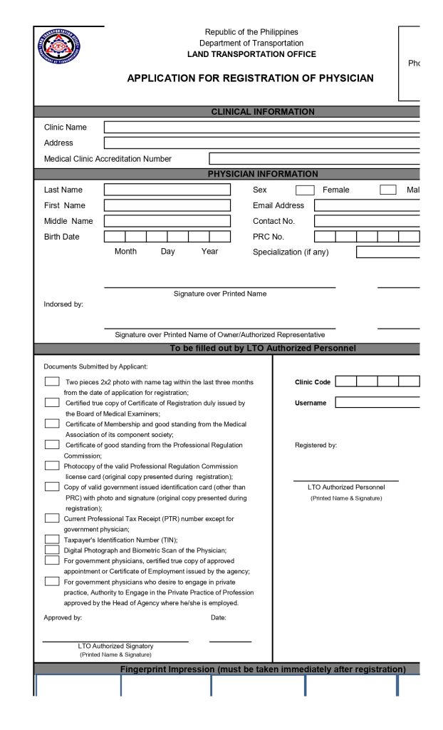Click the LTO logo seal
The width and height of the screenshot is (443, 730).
pyautogui.click(x=59, y=48)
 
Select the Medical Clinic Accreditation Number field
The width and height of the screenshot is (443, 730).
pyautogui.click(x=314, y=159)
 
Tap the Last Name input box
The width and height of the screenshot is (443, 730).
pyautogui.click(x=167, y=190)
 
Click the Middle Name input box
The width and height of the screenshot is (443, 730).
pyautogui.click(x=167, y=221)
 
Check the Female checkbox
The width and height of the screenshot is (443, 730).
pyautogui.click(x=305, y=190)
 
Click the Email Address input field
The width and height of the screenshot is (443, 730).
pyautogui.click(x=367, y=205)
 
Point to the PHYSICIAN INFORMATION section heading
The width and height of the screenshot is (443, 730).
pyautogui.click(x=263, y=174)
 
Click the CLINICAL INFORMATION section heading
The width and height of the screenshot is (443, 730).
pyautogui.click(x=263, y=112)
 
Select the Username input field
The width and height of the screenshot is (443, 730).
pyautogui.click(x=377, y=403)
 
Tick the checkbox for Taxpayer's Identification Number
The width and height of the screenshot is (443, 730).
pyautogui.click(x=52, y=540)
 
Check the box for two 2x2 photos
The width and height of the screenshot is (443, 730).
pyautogui.click(x=52, y=381)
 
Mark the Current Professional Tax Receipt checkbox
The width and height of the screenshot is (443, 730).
pyautogui.click(x=52, y=518)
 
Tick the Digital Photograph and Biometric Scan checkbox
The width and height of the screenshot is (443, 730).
pyautogui.click(x=52, y=550)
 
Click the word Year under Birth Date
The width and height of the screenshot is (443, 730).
pyautogui.click(x=209, y=252)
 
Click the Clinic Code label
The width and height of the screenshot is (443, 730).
pyautogui.click(x=313, y=382)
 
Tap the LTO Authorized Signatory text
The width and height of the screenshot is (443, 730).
pyautogui.click(x=115, y=646)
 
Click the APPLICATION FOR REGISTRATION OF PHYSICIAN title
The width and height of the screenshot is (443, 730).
pyautogui.click(x=250, y=78)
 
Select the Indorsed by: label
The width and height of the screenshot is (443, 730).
pyautogui.click(x=63, y=304)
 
